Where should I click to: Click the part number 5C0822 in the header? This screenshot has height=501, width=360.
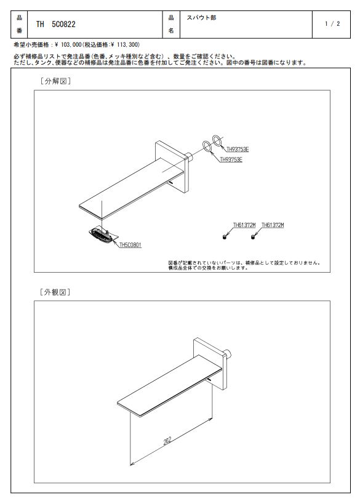63,24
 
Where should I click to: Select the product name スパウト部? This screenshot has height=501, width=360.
201,18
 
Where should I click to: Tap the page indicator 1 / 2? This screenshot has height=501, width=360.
332,23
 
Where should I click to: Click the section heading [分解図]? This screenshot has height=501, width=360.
55,81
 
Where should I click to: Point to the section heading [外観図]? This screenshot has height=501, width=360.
55,292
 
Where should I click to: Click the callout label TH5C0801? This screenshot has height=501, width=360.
130,245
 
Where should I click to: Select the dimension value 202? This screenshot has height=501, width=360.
167,441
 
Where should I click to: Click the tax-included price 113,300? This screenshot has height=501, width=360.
129,45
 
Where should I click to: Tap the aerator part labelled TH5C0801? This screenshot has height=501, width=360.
102,235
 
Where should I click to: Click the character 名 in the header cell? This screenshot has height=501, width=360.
171,31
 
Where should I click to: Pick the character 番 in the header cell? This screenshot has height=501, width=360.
19,31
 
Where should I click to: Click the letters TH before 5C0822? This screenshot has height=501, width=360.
40,24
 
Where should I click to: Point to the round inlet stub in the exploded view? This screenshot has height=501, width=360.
189,157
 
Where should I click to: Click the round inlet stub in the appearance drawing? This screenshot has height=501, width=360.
227,355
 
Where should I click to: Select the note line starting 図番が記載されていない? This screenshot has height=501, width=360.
244,263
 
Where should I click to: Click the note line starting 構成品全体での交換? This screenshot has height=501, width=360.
208,268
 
